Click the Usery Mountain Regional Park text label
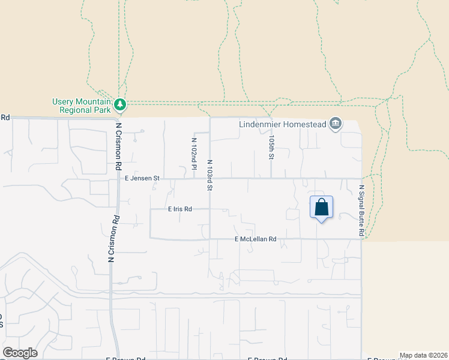82,106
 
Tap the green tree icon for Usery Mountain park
121,105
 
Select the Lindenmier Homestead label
282,124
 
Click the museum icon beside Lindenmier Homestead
336,124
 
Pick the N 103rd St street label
210,175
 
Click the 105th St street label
271,147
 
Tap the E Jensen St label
142,178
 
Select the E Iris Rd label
179,209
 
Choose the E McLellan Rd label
255,239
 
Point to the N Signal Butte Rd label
362,209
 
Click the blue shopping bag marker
321,208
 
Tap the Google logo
20,353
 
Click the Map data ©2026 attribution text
423,355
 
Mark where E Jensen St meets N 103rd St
210,178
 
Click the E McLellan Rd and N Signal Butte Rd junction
361,239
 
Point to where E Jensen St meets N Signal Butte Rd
361,178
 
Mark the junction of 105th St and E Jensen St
271,178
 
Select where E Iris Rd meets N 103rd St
210,209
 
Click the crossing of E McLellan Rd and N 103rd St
210,239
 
